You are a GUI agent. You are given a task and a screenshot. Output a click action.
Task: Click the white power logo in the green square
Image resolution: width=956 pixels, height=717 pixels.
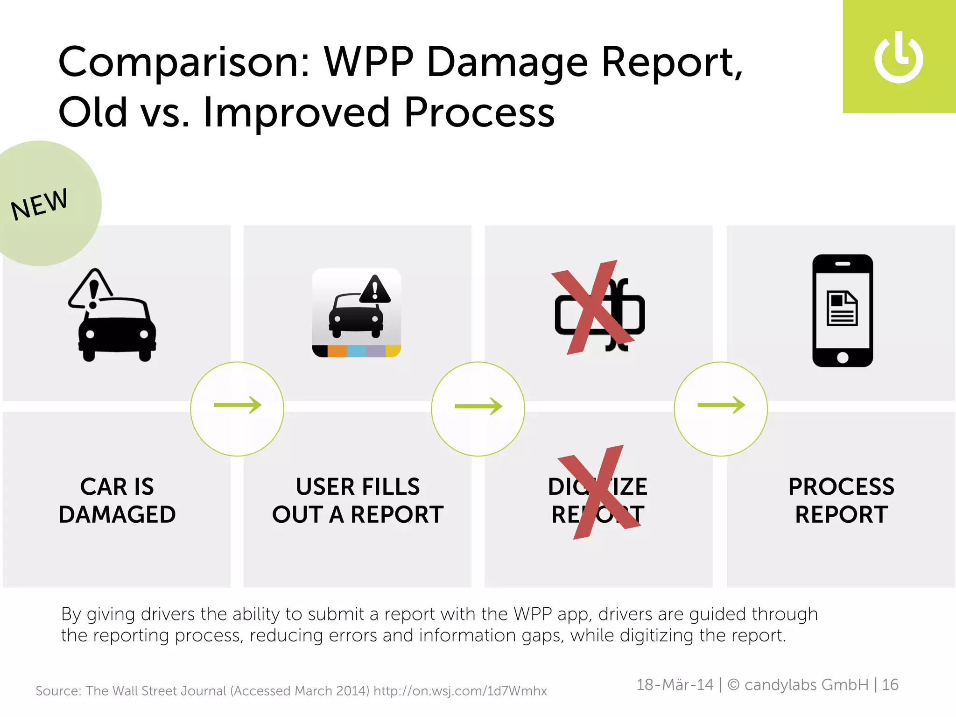pos(899,58)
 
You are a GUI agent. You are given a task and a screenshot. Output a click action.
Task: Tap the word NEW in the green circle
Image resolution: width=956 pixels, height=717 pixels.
pos(40,204)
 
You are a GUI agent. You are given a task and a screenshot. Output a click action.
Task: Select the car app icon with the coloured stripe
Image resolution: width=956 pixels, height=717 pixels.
pos(357,313)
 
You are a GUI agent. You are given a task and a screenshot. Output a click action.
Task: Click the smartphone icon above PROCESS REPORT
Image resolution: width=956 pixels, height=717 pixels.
pos(843,310)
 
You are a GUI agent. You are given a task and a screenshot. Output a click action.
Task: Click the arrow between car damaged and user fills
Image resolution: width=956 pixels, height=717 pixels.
pos(237,405)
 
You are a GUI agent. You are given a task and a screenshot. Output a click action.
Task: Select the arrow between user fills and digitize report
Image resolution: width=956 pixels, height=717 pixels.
pos(478,406)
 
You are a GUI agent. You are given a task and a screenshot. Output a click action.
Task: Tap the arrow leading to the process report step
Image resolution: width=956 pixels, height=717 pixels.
pos(721,405)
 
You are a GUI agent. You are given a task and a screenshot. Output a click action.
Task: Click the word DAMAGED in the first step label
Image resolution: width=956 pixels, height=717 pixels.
pos(117,515)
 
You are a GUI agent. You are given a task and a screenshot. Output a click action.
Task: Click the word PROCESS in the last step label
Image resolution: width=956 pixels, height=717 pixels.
pos(841,487)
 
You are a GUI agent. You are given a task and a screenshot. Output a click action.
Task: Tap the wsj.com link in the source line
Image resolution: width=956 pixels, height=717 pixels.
pos(460,691)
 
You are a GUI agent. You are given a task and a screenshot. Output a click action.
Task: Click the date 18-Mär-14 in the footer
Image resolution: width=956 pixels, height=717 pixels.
pos(675,685)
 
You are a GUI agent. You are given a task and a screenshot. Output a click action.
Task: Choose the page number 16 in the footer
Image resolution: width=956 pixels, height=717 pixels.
pos(890,685)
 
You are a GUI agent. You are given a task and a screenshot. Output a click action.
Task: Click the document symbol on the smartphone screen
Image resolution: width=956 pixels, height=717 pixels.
pos(842,308)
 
